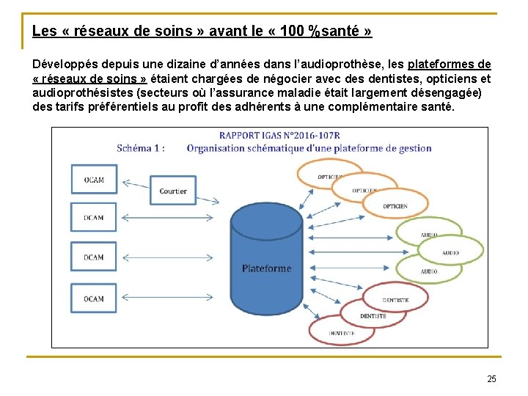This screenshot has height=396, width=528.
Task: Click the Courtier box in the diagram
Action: [173, 191]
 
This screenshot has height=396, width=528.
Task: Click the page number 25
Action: [491, 378]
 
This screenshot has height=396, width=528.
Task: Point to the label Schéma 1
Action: [141, 147]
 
